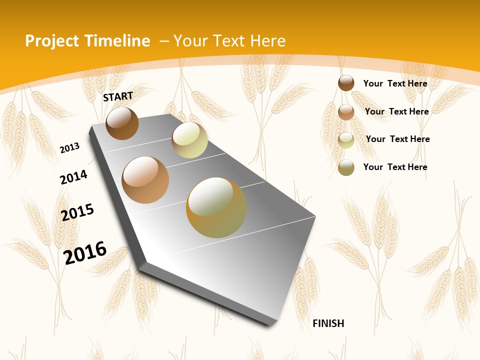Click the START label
pyautogui.click(x=118, y=96)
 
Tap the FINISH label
pyautogui.click(x=328, y=323)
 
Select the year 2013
pyautogui.click(x=69, y=148)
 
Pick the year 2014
pyautogui.click(x=73, y=177)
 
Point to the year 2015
pyautogui.click(x=77, y=212)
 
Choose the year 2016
pyautogui.click(x=85, y=253)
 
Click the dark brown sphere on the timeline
pyautogui.click(x=122, y=123)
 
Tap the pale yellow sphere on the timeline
pyautogui.click(x=189, y=140)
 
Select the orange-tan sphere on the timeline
pyautogui.click(x=145, y=180)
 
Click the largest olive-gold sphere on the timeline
pyautogui.click(x=216, y=207)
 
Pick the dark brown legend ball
pyautogui.click(x=346, y=83)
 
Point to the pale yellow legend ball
pyautogui.click(x=346, y=140)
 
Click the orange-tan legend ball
pyautogui.click(x=346, y=112)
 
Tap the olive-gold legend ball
pyautogui.click(x=346, y=167)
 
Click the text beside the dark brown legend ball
pyautogui.click(x=395, y=83)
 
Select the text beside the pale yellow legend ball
pyautogui.click(x=397, y=139)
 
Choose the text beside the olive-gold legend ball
pyautogui.click(x=395, y=167)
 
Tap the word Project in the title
pyautogui.click(x=51, y=41)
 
